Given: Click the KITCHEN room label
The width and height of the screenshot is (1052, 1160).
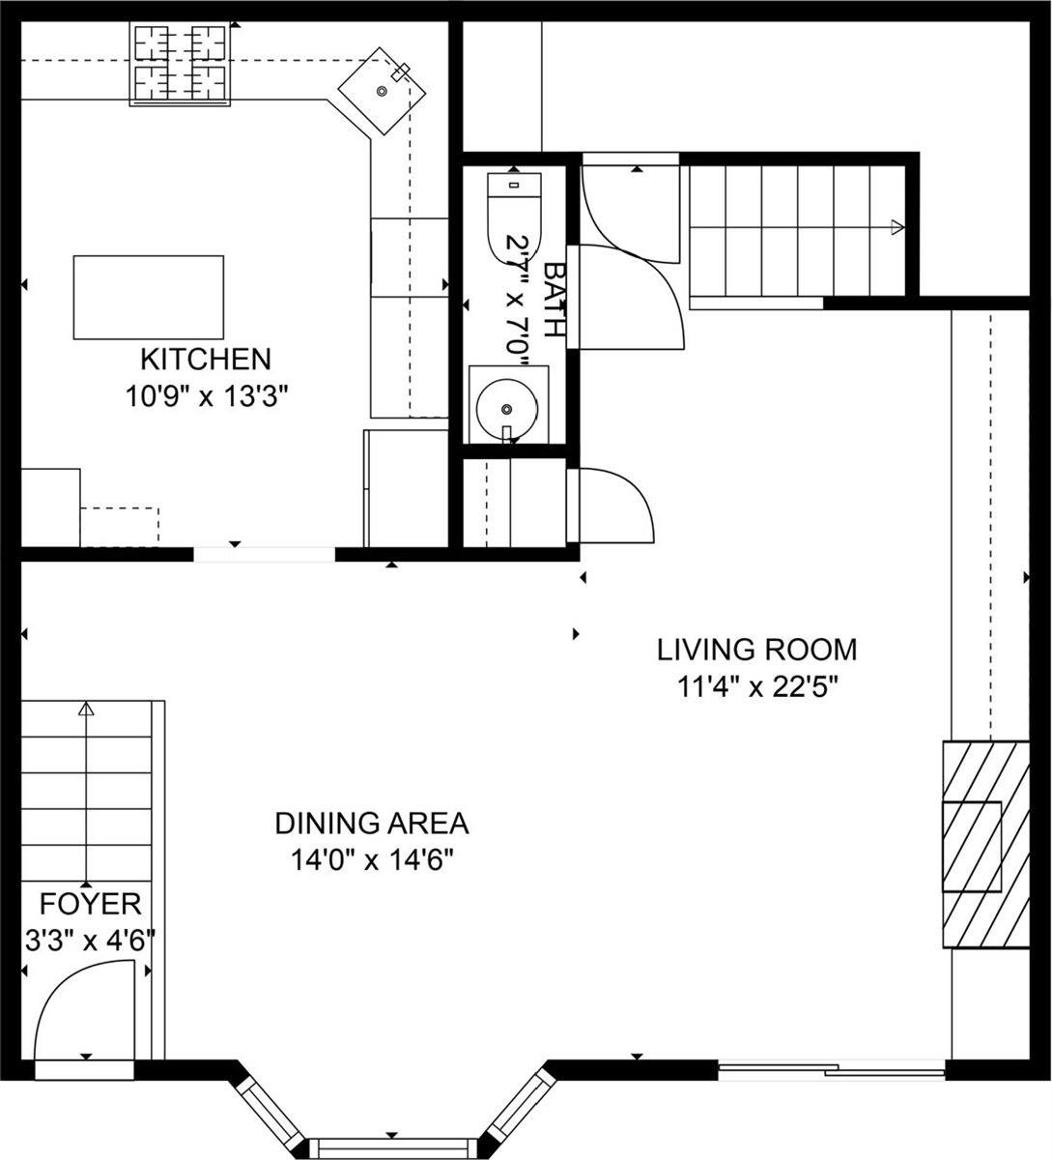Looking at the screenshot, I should [x=205, y=360].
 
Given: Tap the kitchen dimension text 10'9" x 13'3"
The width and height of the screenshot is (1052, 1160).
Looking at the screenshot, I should [x=207, y=395].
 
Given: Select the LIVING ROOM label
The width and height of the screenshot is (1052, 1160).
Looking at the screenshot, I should [x=756, y=649].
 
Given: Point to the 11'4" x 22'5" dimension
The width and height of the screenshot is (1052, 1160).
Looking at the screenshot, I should [x=756, y=686].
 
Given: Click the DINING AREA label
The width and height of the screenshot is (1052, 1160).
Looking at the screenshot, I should [x=372, y=824].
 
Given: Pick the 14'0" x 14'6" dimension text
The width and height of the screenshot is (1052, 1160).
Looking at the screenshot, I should [x=372, y=859].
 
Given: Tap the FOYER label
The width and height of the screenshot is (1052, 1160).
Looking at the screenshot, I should [x=90, y=905].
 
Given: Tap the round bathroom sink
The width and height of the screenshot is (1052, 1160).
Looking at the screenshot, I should [x=507, y=405].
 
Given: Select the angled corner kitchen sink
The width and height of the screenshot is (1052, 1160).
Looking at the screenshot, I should [x=383, y=91].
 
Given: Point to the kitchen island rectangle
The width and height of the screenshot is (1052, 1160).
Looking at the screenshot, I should [x=149, y=297].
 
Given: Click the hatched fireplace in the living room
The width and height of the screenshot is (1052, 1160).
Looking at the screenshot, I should [x=985, y=844].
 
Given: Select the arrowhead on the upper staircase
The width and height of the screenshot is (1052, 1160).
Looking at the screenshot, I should [x=897, y=228].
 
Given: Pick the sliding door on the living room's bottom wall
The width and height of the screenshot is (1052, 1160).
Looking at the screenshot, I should [x=832, y=1069].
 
